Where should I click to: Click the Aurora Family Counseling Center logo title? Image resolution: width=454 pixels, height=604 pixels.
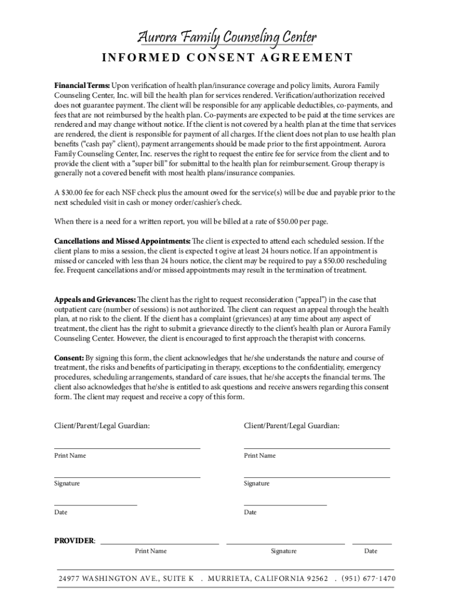(227, 38)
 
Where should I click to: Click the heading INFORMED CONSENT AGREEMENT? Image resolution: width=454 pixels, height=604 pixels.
(227, 58)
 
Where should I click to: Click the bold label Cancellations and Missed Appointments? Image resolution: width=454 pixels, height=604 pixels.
(122, 241)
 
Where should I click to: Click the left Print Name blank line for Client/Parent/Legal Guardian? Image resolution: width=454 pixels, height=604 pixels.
(127, 448)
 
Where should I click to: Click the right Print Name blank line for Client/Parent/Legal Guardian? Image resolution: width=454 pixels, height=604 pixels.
(317, 448)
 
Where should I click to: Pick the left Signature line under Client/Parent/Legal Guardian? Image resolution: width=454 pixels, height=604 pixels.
(127, 476)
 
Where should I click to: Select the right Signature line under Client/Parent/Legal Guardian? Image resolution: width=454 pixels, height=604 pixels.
(317, 476)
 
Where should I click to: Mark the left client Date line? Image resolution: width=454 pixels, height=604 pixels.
(96, 504)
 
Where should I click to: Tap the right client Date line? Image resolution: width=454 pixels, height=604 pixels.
(285, 504)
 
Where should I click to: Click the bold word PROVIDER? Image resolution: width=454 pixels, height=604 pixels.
(74, 540)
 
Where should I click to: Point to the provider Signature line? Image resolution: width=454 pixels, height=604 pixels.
(285, 542)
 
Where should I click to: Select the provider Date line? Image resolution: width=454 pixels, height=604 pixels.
(371, 542)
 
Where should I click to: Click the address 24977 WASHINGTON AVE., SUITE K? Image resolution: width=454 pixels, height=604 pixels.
(126, 579)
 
